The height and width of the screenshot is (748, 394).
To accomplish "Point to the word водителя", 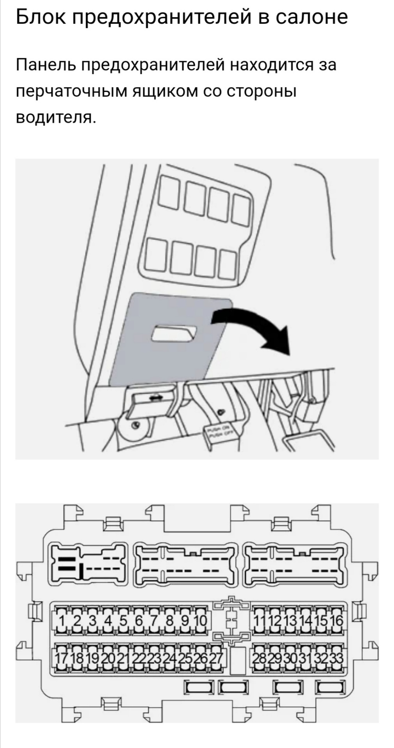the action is (x=55, y=117).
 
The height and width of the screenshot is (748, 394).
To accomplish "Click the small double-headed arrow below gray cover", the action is (x=155, y=397).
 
